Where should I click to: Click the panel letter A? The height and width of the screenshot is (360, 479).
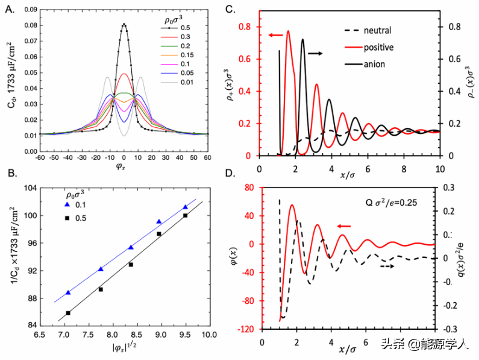click(x=8, y=8)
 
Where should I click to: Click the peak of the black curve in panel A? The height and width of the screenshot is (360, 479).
click(x=124, y=24)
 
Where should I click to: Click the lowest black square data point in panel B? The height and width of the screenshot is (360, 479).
click(x=68, y=313)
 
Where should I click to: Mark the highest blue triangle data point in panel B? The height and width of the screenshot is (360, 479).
click(x=185, y=207)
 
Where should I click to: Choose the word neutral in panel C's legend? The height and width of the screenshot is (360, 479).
click(x=377, y=30)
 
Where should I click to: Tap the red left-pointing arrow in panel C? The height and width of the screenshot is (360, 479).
click(x=275, y=36)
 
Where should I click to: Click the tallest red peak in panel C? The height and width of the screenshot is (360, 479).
click(x=288, y=31)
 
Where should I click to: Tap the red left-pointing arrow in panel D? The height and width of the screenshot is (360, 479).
click(x=345, y=226)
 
